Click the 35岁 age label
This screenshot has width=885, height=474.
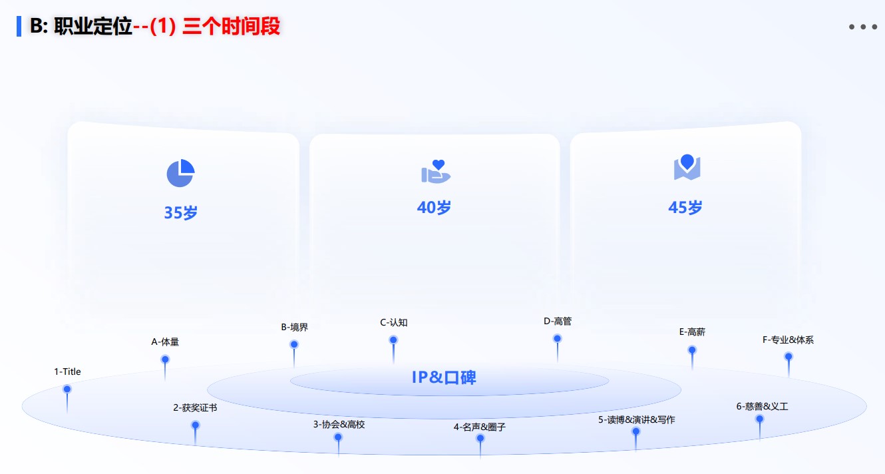tap(181, 213)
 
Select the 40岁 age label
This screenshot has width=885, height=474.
tap(434, 208)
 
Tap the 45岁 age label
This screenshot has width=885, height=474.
tap(685, 208)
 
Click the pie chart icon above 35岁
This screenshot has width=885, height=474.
tap(180, 174)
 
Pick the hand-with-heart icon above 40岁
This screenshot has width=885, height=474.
tap(436, 172)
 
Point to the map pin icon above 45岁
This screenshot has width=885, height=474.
tap(687, 167)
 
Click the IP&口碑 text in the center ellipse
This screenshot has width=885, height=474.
tap(444, 377)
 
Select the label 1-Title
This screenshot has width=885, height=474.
tap(67, 372)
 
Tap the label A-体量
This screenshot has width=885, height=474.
tap(165, 342)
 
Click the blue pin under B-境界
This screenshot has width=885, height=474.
tap(294, 345)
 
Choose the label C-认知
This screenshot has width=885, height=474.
tap(394, 323)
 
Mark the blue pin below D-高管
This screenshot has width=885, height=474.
tap(558, 339)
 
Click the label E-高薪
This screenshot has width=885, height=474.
tap(692, 332)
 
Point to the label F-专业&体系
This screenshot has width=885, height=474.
tap(788, 340)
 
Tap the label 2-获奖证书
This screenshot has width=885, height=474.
tap(195, 408)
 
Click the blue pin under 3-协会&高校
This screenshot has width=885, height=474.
tap(338, 437)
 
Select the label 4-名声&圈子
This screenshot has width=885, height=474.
tap(480, 427)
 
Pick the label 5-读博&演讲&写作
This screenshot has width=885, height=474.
tap(636, 420)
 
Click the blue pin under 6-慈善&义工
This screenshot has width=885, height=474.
tap(759, 419)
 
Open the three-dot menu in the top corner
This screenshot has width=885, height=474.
tap(862, 27)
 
